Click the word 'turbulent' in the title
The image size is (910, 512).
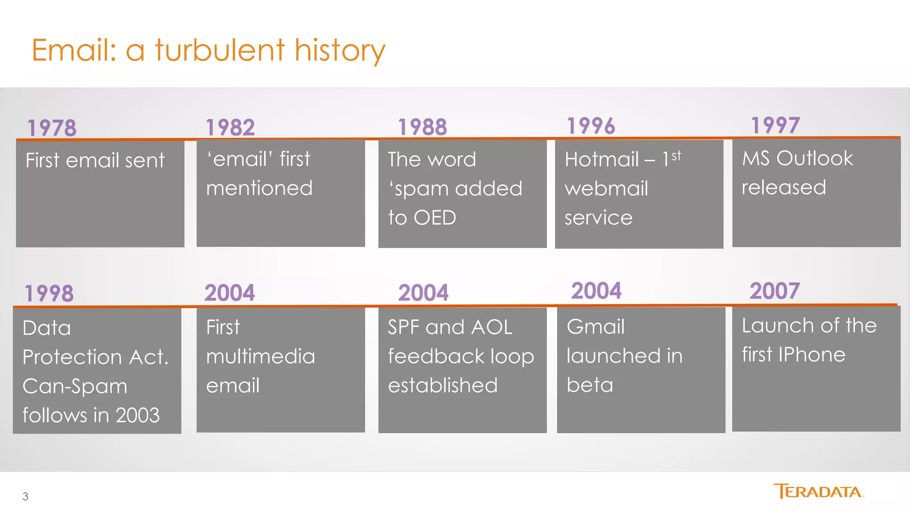click(220, 50)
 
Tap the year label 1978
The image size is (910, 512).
click(52, 128)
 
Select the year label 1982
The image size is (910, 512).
click(230, 128)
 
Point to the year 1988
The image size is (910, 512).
click(422, 127)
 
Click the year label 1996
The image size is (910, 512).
click(591, 126)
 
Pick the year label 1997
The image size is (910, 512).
click(775, 125)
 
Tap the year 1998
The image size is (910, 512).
click(49, 293)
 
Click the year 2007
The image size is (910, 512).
click(774, 291)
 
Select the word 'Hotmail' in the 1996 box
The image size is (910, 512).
click(602, 159)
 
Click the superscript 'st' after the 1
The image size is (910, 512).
click(676, 156)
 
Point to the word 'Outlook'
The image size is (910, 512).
click(814, 158)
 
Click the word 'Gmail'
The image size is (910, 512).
click(595, 327)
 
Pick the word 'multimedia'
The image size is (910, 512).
click(260, 356)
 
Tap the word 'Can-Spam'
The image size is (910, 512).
click(75, 386)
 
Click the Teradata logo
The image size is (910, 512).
click(818, 492)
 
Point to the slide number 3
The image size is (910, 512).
click(25, 496)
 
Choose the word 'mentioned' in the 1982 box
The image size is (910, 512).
click(259, 188)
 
